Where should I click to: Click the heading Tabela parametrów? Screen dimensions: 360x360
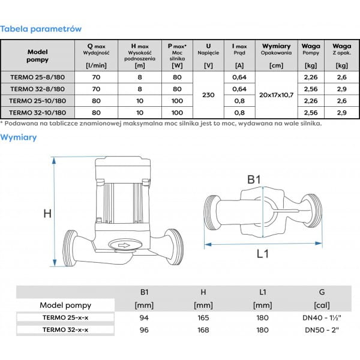tap(41, 28)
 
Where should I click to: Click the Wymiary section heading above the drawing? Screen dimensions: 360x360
tap(19, 137)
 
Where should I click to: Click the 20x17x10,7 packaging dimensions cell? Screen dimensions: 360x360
tap(276, 94)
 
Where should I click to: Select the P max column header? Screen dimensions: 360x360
tap(177, 46)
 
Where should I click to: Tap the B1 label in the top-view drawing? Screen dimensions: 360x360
tap(256, 179)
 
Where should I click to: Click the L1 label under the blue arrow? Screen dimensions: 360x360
tap(262, 254)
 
